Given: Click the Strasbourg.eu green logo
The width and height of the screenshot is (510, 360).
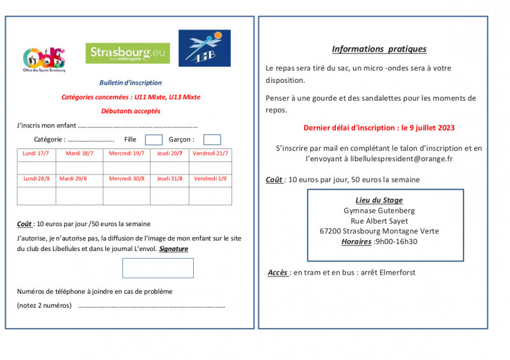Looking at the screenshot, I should click(127, 53).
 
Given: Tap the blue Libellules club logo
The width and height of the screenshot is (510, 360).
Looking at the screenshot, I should click(204, 48).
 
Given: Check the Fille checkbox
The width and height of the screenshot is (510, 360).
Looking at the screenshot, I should click(154, 140).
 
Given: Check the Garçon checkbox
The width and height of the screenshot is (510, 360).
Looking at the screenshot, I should click(212, 140).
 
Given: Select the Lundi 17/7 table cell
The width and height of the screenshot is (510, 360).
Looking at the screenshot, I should click(36, 154).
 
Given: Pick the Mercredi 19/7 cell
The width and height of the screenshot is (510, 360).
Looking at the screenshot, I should click(126, 154).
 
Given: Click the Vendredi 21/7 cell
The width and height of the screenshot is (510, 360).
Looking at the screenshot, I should click(210, 154).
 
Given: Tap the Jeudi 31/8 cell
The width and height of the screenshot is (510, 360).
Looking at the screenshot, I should click(170, 179).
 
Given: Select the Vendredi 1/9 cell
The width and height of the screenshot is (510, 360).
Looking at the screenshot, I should click(210, 179).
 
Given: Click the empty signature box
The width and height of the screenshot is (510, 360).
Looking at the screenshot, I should click(157, 268).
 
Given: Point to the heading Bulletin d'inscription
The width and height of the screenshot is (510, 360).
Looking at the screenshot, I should click(131, 83).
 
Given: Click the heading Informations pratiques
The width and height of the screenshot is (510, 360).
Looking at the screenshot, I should click(379, 49).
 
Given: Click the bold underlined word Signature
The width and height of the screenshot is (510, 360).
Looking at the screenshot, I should click(173, 249).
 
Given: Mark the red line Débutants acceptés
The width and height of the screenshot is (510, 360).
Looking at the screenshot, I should click(131, 111).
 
